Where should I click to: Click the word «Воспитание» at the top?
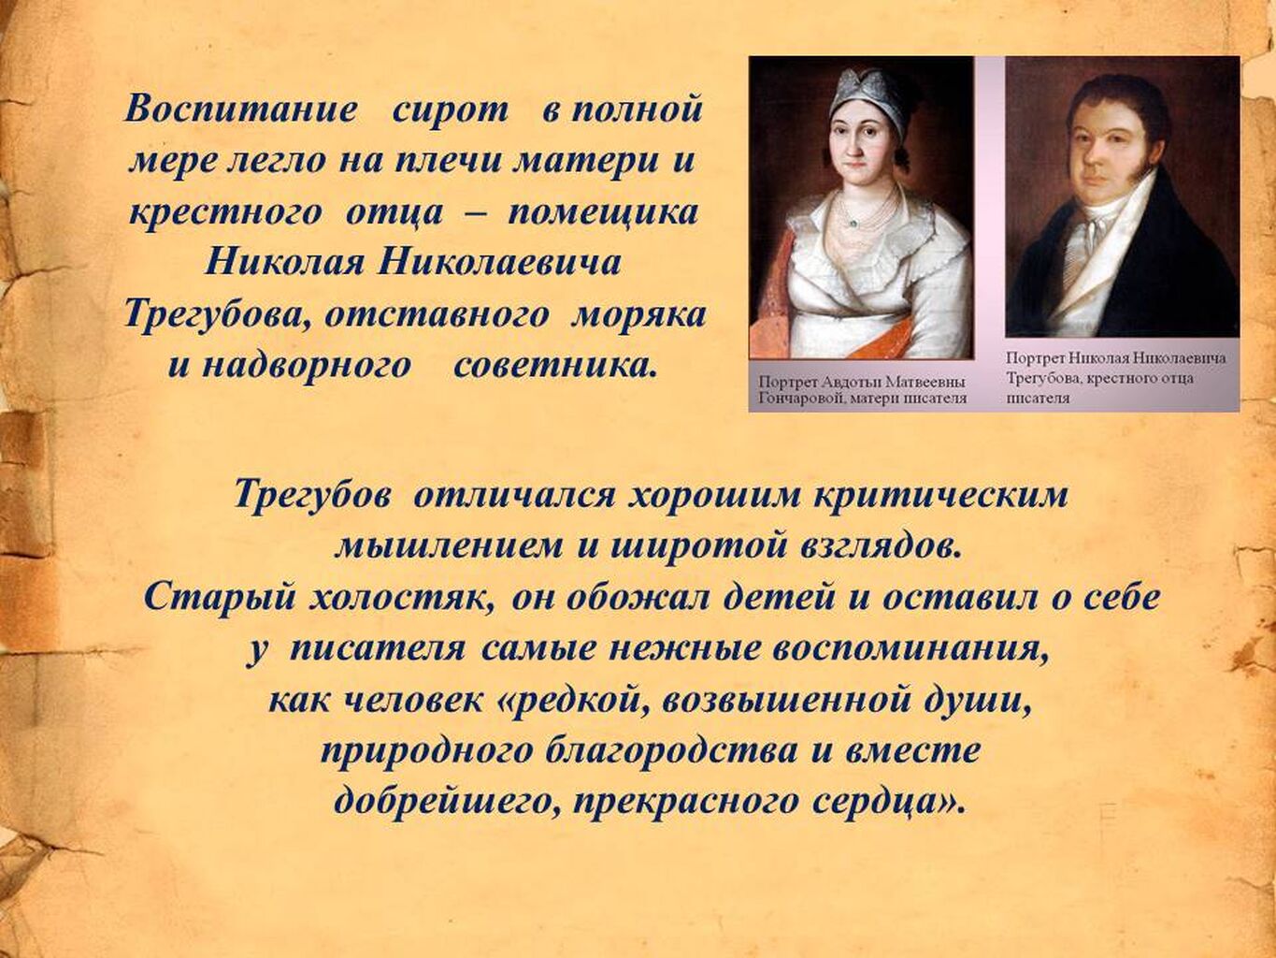[x=239, y=109]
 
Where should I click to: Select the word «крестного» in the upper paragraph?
[x=225, y=213]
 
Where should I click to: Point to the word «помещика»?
[x=603, y=213]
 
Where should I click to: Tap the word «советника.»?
[x=554, y=367]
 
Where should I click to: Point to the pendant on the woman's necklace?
[x=852, y=223]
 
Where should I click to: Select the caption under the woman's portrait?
[x=862, y=390]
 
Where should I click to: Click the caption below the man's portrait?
[x=1115, y=378]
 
